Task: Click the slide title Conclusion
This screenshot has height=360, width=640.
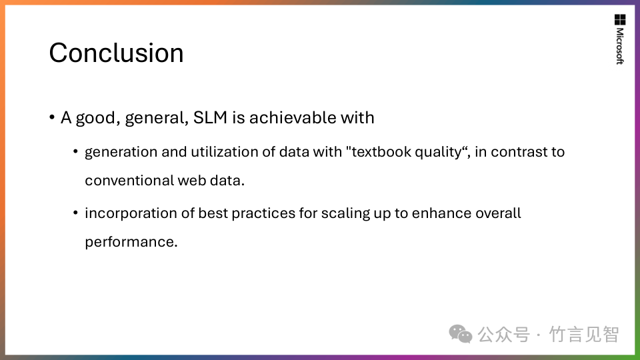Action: (x=116, y=53)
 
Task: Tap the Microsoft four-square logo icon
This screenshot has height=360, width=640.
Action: (x=620, y=19)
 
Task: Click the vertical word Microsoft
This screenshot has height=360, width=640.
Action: (x=620, y=46)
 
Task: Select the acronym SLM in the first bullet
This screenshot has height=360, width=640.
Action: (x=210, y=117)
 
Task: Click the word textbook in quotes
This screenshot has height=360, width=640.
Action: (x=381, y=152)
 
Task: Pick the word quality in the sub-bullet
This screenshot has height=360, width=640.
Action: (x=438, y=152)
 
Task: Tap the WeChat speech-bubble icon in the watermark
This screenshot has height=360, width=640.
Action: (x=461, y=334)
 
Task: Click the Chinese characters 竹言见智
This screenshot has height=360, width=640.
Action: (x=584, y=335)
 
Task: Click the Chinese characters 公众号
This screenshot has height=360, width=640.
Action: (x=504, y=335)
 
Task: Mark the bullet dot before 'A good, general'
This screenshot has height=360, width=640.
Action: (x=52, y=118)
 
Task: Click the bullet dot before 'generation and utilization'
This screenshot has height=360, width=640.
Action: (x=75, y=152)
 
